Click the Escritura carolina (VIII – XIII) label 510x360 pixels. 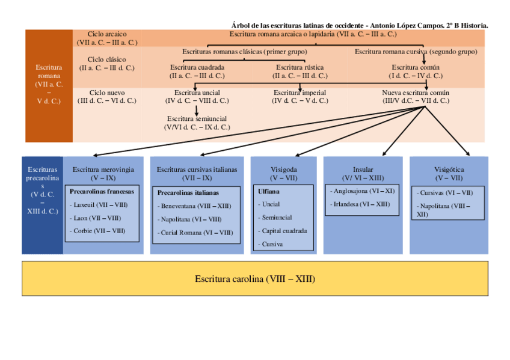pyautogui.click(x=255, y=279)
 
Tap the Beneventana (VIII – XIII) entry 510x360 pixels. pyautogui.click(x=195, y=206)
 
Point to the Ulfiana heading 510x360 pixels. pyautogui.click(x=268, y=192)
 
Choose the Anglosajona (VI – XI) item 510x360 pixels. pyautogui.click(x=363, y=191)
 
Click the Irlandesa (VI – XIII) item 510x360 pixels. pyautogui.click(x=361, y=204)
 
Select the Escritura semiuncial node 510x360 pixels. pyautogui.click(x=197, y=118)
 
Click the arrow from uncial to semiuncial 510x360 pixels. pyautogui.click(x=197, y=111)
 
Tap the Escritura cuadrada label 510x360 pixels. pyautogui.click(x=197, y=67)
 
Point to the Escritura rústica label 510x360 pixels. pyautogui.click(x=300, y=67)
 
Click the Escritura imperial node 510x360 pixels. pyautogui.click(x=300, y=93)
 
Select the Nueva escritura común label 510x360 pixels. pyautogui.click(x=416, y=93)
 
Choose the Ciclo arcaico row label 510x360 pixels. pyautogui.click(x=107, y=34)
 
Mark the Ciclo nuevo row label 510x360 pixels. pyautogui.click(x=107, y=93)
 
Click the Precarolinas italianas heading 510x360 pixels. pyautogui.click(x=188, y=193)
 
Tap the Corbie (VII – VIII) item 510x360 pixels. pyautogui.click(x=99, y=231)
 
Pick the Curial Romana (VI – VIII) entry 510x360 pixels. pyautogui.click(x=196, y=233)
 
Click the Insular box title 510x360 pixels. pyautogui.click(x=363, y=169)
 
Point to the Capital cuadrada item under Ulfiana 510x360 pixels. pyautogui.click(x=284, y=231)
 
